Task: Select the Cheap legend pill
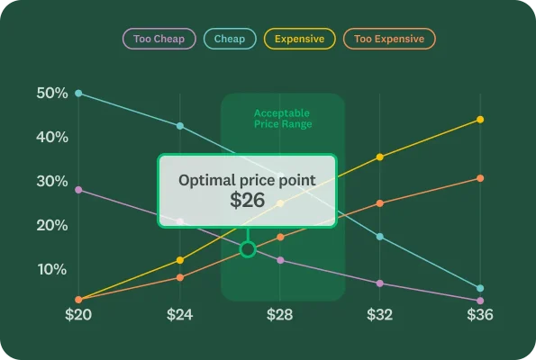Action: (x=230, y=39)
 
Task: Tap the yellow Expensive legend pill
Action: (x=300, y=39)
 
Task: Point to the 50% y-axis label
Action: (x=51, y=94)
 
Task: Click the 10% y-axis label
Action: (x=51, y=269)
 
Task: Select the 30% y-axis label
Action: (x=51, y=181)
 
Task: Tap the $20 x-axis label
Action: (x=78, y=316)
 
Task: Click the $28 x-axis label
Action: (x=280, y=316)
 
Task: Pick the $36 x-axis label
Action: (x=480, y=316)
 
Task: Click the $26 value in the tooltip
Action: (x=247, y=201)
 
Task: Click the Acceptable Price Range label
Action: (x=283, y=119)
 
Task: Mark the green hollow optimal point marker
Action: (x=248, y=249)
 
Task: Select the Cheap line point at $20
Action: (x=78, y=94)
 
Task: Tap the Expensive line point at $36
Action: (x=480, y=120)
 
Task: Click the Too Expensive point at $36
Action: (x=480, y=178)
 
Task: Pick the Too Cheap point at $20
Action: (x=78, y=190)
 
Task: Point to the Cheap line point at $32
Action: (x=380, y=237)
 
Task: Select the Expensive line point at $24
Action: (x=180, y=260)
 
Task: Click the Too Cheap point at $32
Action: (x=380, y=283)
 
